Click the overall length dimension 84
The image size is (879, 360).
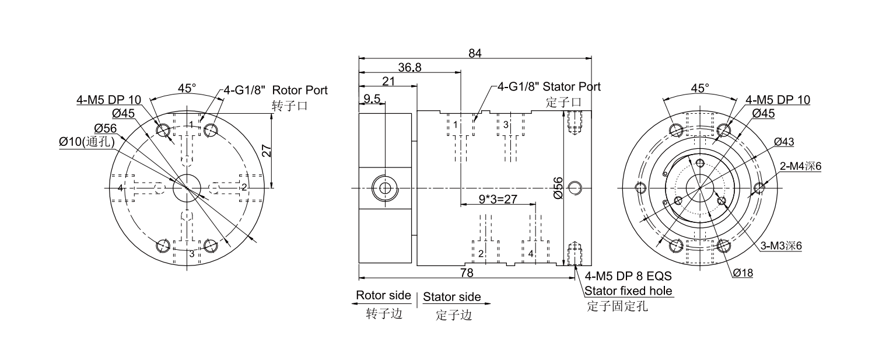click(475, 53)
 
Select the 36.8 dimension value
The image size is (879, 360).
click(409, 67)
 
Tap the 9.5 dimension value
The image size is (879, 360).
click(372, 99)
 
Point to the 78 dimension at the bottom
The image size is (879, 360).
click(467, 272)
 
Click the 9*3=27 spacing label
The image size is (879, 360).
click(498, 200)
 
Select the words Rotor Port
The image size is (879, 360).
click(300, 90)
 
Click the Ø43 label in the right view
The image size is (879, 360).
click(783, 142)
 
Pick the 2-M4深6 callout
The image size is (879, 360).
click(800, 166)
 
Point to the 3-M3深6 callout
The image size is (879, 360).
click(781, 246)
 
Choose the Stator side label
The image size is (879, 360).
click(452, 297)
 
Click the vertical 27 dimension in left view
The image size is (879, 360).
click(266, 151)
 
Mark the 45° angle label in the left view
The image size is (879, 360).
click(187, 89)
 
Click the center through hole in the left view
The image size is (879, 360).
click(187, 187)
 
